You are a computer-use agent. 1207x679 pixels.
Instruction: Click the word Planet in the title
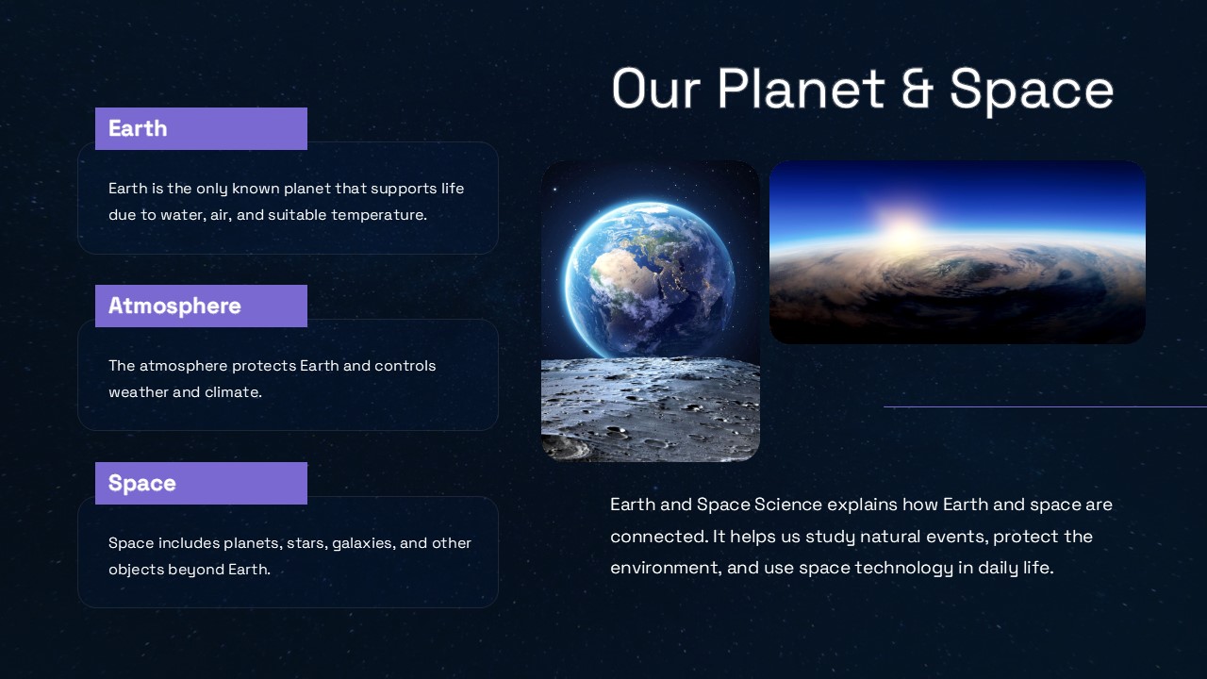(x=801, y=90)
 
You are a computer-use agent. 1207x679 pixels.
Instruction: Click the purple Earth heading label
(x=201, y=128)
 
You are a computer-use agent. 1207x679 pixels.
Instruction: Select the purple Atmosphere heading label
(x=201, y=306)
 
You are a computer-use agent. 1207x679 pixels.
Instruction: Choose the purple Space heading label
(x=201, y=483)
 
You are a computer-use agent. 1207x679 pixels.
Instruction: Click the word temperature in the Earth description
(x=378, y=215)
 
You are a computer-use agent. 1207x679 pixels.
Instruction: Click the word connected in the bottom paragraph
(x=657, y=537)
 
